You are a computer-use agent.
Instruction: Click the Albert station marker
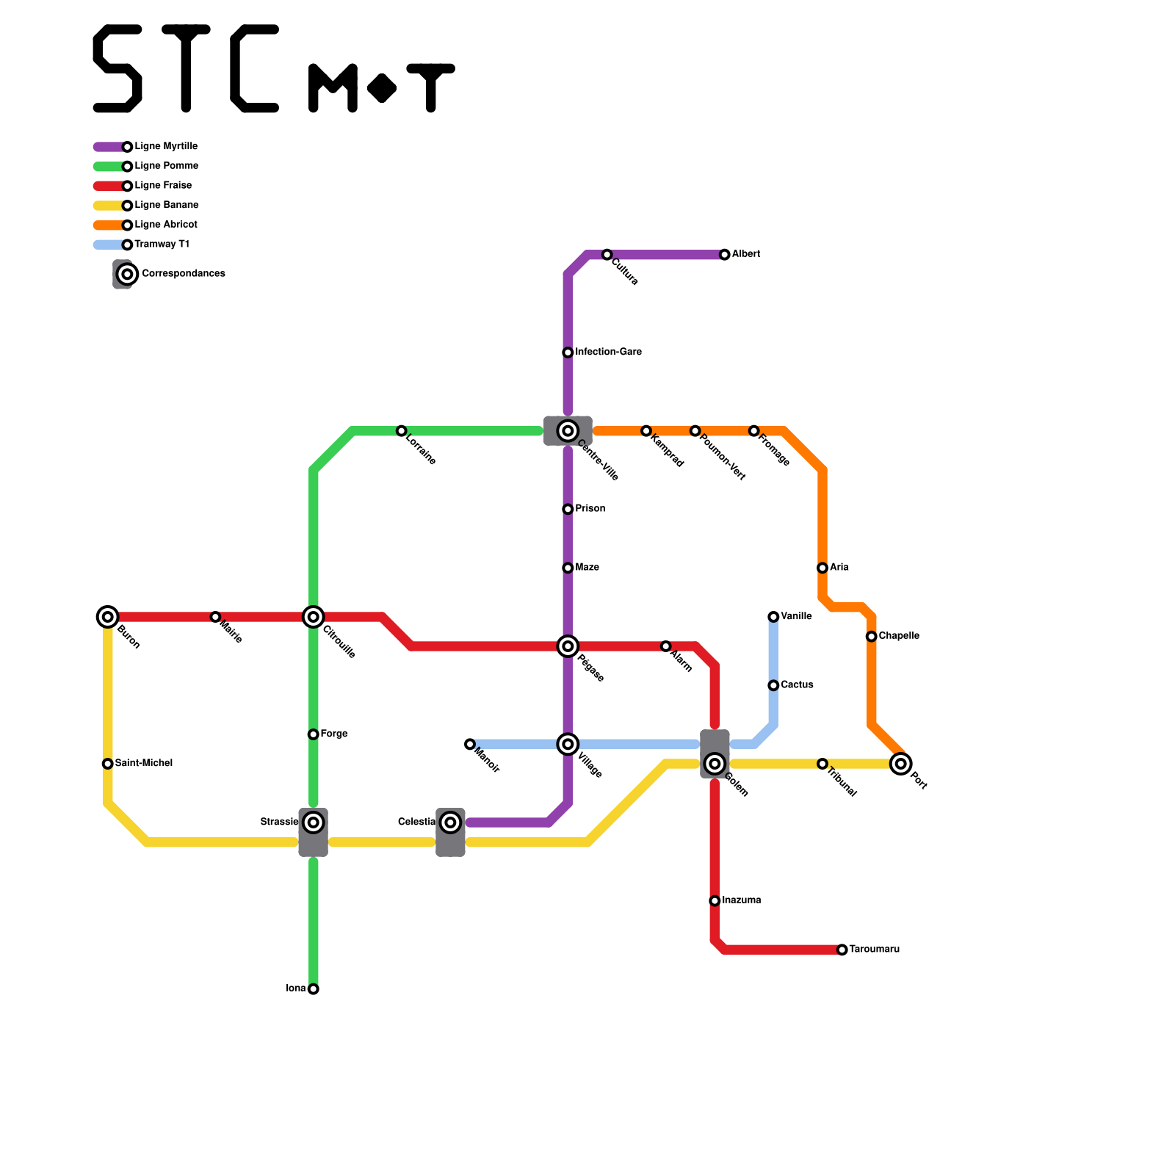tap(724, 255)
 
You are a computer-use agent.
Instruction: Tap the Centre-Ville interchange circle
tap(568, 431)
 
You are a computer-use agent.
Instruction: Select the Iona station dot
tap(314, 989)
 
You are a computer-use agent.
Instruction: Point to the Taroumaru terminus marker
tap(842, 950)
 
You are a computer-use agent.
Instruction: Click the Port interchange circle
tap(901, 764)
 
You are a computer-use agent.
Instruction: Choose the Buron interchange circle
tap(108, 617)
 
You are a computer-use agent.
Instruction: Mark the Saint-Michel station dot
tap(108, 764)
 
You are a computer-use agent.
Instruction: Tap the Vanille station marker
tap(773, 617)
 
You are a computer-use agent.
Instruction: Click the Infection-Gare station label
tap(608, 352)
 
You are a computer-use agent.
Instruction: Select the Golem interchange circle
tap(715, 764)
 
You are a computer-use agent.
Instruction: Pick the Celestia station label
tap(416, 822)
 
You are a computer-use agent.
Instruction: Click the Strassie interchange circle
tap(314, 822)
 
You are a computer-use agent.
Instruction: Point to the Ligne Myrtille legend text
tap(166, 147)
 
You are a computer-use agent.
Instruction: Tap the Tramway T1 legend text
tap(162, 245)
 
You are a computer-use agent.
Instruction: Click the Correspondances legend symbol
tap(127, 274)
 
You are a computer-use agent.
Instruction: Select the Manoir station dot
tap(470, 745)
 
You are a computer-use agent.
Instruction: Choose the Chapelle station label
tap(898, 636)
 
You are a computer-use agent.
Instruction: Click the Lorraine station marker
tap(401, 431)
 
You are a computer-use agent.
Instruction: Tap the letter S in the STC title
tap(117, 69)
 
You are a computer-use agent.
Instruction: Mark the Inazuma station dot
tap(715, 901)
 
